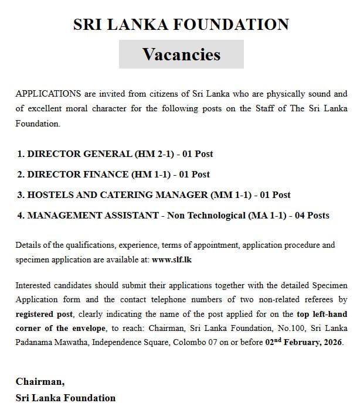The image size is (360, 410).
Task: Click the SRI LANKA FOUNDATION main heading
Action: tap(181, 25)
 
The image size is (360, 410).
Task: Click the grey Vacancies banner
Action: tap(181, 54)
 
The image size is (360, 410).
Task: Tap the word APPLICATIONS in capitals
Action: tap(48, 94)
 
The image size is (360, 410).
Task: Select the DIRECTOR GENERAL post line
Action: tap(115, 154)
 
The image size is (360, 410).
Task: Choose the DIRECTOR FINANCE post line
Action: tap(113, 174)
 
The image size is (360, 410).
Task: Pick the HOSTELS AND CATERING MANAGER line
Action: tap(154, 194)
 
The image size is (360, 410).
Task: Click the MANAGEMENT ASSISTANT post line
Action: tap(173, 215)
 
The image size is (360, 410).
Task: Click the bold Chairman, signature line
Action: tap(39, 381)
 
